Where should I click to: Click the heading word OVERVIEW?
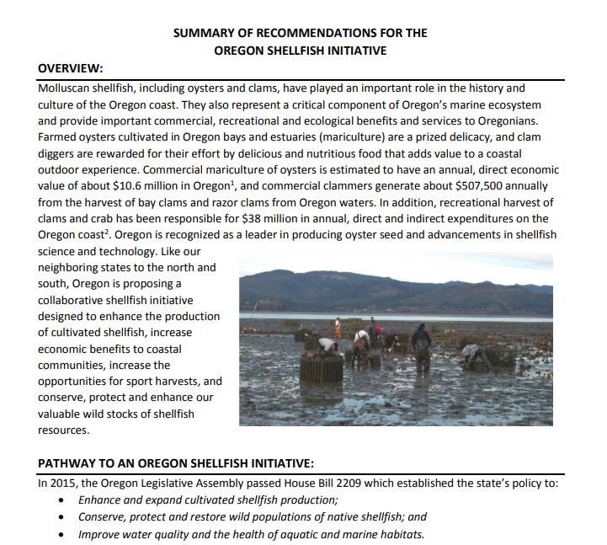[x=71, y=68]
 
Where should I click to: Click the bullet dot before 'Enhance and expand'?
[x=61, y=500]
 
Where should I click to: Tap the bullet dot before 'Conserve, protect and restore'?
[x=61, y=517]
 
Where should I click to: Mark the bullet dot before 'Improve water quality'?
[x=61, y=535]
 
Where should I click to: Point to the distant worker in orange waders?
[x=338, y=326]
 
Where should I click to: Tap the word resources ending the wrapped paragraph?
[x=63, y=430]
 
